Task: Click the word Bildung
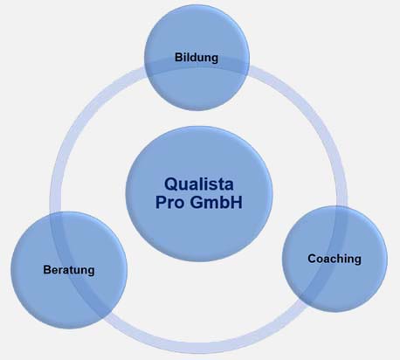pos(197,58)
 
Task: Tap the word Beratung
pos(69,270)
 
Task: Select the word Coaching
pos(334,259)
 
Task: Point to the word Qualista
pos(199,184)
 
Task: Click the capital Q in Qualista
pos(171,184)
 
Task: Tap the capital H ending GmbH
pos(237,202)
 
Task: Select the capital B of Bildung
pos(178,57)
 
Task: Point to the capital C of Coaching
pos(313,259)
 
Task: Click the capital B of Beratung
pos(47,270)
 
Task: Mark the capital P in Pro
pos(161,202)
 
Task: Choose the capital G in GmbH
pos(197,202)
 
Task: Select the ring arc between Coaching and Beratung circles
pos(203,347)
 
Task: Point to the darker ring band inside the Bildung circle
pos(197,65)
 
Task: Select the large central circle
pos(199,193)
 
